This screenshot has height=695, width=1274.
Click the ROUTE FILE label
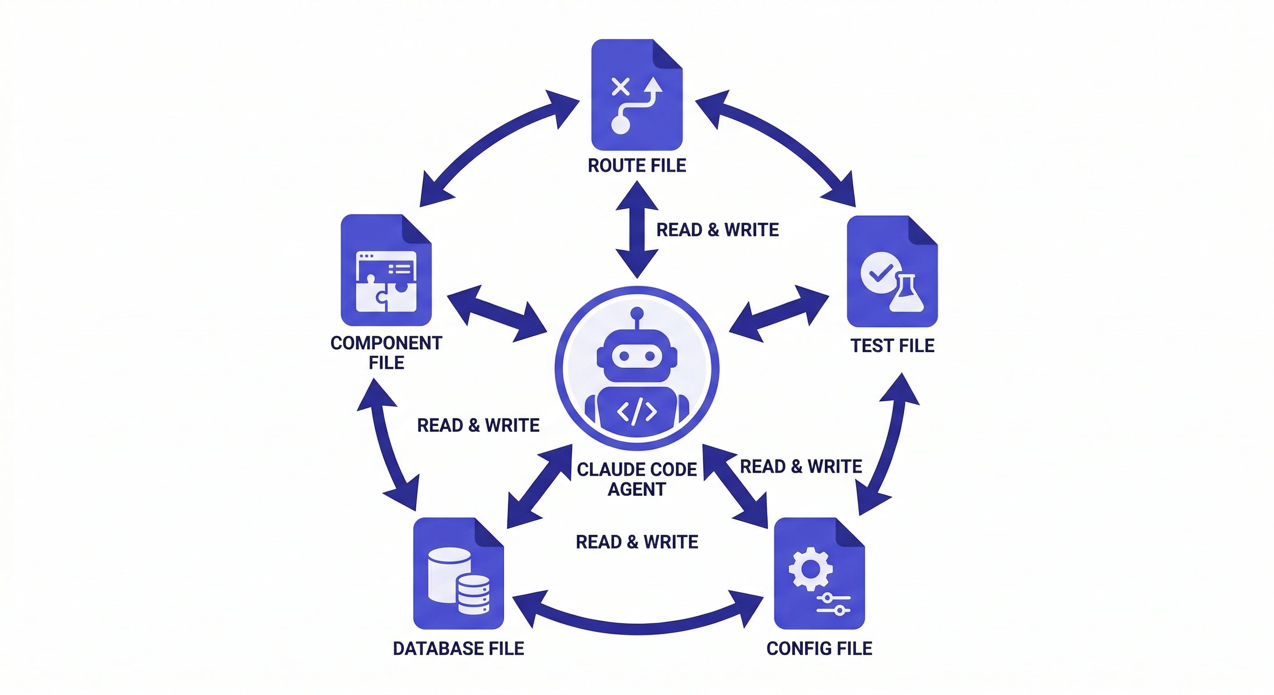click(637, 165)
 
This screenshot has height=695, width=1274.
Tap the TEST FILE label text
click(892, 345)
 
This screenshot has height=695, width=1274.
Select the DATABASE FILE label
click(458, 648)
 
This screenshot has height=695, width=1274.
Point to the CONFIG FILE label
click(819, 648)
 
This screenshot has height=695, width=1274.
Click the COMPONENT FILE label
click(386, 352)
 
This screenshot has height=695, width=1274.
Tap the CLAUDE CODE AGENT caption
click(637, 479)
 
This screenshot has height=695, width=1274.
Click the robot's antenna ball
click(637, 313)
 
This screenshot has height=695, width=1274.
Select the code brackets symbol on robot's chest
click(637, 411)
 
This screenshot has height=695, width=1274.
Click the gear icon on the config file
click(810, 569)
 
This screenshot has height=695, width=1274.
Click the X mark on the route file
click(620, 87)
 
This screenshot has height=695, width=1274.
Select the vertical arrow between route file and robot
click(637, 229)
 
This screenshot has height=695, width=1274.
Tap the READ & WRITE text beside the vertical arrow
click(717, 229)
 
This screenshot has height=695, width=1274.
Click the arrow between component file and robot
click(497, 314)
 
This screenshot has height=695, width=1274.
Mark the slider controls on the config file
click(833, 605)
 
